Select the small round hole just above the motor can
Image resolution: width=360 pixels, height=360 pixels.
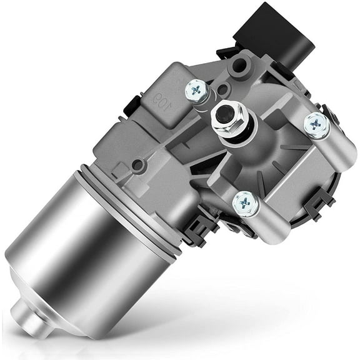click(x=136, y=165)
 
